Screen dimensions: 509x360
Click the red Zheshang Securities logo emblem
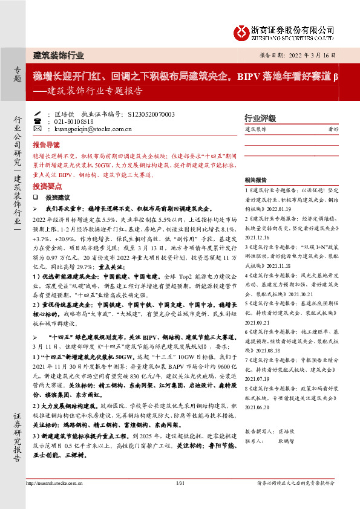click(243, 31)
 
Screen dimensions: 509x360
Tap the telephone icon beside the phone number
click(38, 121)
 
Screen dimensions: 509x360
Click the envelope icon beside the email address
click(38, 129)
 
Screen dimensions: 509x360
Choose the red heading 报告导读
click(46, 145)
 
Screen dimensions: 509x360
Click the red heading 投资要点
click(46, 186)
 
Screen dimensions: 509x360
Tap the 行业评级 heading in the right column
click(260, 118)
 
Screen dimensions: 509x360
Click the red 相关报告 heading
click(257, 180)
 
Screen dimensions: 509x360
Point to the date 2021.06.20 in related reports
click(258, 425)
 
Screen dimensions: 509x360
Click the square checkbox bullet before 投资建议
click(36, 198)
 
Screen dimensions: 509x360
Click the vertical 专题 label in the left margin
click(17, 76)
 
